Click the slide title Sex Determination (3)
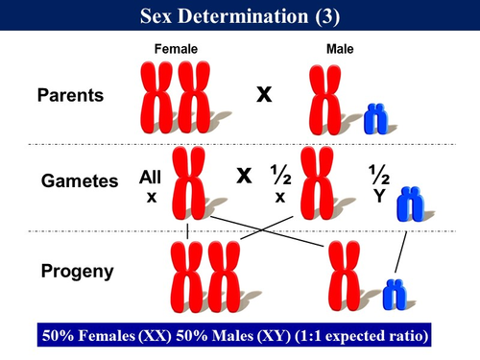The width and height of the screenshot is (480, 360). click(x=239, y=16)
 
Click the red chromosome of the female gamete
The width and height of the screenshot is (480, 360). click(x=189, y=182)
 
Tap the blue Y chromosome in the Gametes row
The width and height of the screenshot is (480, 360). click(x=410, y=204)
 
